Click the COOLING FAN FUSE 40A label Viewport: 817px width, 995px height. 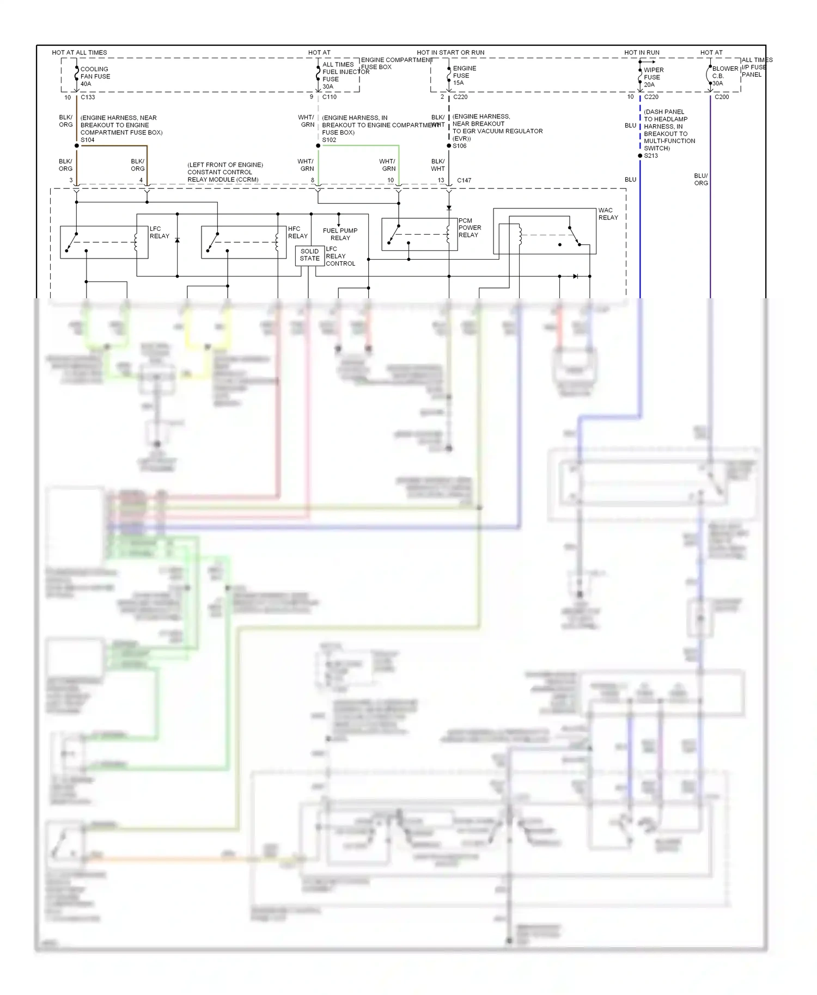pyautogui.click(x=95, y=77)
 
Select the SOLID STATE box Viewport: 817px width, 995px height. pyautogui.click(x=309, y=255)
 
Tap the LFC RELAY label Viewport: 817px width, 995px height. pyautogui.click(x=159, y=232)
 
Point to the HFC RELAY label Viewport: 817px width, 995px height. pyautogui.click(x=297, y=232)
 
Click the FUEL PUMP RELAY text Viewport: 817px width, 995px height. pyautogui.click(x=340, y=234)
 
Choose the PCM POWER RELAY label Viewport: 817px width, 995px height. pyautogui.click(x=470, y=228)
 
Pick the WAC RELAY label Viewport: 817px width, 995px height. pyautogui.click(x=608, y=214)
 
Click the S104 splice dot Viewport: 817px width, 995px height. pyautogui.click(x=77, y=146)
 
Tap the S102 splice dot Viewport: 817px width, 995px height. pyautogui.click(x=318, y=146)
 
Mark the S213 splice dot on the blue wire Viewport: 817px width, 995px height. pyautogui.click(x=640, y=156)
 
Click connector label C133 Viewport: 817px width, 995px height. pyautogui.click(x=88, y=97)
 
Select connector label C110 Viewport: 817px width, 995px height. pyautogui.click(x=330, y=97)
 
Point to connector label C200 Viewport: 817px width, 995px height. pyautogui.click(x=722, y=97)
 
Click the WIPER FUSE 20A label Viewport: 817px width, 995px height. pyautogui.click(x=653, y=77)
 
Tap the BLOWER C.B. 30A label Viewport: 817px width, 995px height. pyautogui.click(x=724, y=76)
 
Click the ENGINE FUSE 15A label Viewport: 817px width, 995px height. pyautogui.click(x=464, y=76)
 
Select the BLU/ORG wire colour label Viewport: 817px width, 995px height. pyautogui.click(x=701, y=180)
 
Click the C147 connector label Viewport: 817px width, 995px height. pyautogui.click(x=464, y=180)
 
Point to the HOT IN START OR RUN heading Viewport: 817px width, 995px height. pyautogui.click(x=450, y=53)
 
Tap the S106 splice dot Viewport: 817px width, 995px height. pyautogui.click(x=449, y=146)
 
